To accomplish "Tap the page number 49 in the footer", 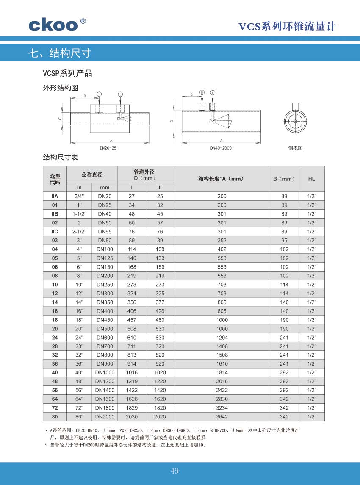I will point(175,471).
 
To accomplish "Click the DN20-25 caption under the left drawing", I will point(108,148).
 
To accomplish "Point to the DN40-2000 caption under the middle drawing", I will point(221,148).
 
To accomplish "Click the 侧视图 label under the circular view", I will point(295,148).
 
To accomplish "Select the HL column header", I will point(311,179).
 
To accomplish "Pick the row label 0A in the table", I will point(55,197).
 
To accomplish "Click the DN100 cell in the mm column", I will point(105,249).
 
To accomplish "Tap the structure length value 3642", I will point(222,417).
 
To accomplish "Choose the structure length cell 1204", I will point(222,338).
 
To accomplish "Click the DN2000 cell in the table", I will point(105,417).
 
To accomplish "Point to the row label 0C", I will point(55,232).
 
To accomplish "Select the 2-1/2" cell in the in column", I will point(79,232).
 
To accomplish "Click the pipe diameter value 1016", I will point(132,373).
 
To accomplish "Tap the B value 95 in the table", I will point(284,241).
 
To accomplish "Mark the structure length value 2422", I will point(222,391).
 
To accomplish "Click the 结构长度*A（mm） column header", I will point(222,179).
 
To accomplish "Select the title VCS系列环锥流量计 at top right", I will point(287,27).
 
